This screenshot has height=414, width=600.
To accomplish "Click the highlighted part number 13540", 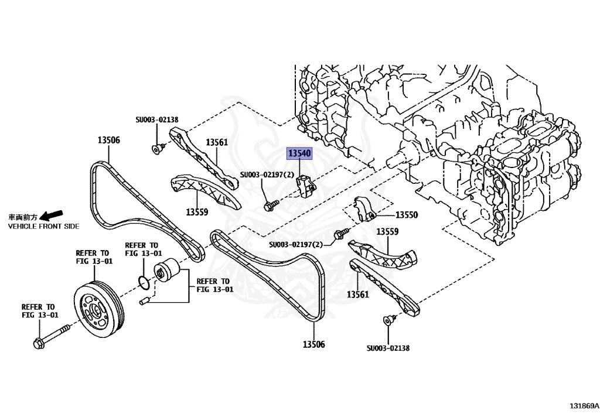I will [x=299, y=154].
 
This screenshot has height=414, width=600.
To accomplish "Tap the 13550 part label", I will [x=407, y=215].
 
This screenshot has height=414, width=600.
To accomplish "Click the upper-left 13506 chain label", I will [x=108, y=140].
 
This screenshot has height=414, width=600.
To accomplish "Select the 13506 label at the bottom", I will [x=313, y=344].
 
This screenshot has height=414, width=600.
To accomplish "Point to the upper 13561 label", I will [x=216, y=142].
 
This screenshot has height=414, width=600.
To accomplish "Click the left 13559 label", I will [x=197, y=211].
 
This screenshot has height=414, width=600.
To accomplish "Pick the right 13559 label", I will [x=387, y=232].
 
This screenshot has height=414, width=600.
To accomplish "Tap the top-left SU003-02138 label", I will [x=157, y=119].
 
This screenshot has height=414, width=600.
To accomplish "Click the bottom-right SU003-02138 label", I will [x=388, y=348].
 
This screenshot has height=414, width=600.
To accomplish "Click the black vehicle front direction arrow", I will [x=54, y=215].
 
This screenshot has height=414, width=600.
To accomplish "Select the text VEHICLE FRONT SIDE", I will [x=43, y=226].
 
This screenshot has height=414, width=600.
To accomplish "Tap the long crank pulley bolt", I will [x=52, y=336].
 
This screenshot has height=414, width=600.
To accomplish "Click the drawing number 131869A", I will [x=584, y=405].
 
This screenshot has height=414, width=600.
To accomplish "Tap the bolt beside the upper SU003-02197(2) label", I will [x=271, y=204].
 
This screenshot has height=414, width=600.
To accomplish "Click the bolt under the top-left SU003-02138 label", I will [x=156, y=149].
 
